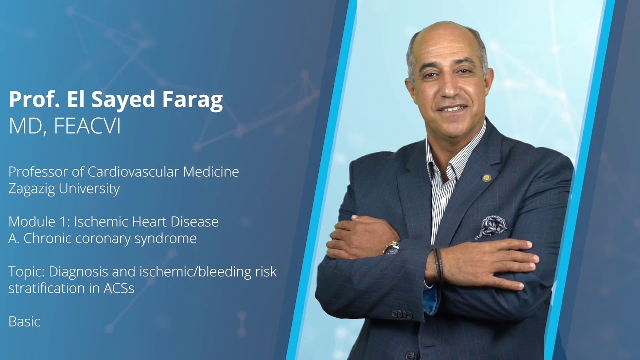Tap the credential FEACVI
click(x=87, y=127)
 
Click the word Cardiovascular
click(x=133, y=172)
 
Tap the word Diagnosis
click(x=80, y=272)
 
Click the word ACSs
click(x=120, y=288)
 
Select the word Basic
click(x=24, y=321)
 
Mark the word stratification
click(x=39, y=288)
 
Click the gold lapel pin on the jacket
click(x=486, y=177)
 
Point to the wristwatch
click(x=391, y=248)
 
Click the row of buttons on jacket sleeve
click(x=401, y=314)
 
